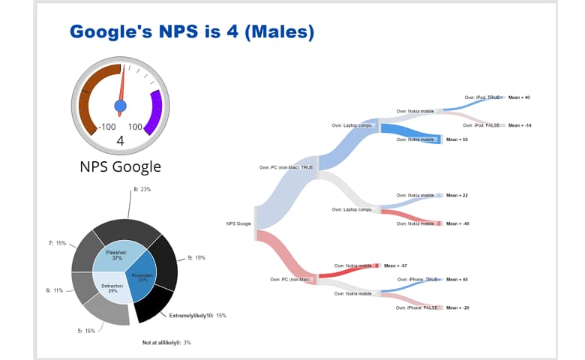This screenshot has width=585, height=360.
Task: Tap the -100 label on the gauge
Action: pos(107,127)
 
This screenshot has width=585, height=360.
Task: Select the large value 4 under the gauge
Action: pos(120,141)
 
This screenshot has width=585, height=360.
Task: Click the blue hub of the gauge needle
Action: pos(121,103)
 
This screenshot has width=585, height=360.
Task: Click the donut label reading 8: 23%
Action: pos(142,189)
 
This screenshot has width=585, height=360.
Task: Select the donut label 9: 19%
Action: pos(195,257)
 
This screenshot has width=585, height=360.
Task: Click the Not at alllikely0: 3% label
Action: pos(166,342)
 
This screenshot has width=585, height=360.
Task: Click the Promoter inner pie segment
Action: pos(142,277)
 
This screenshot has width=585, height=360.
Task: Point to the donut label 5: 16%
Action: pos(85,330)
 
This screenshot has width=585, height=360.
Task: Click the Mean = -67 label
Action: pos(394,265)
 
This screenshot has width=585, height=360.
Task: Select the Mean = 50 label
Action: pos(456,139)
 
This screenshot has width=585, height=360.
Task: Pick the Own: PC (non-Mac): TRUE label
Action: pos(286,167)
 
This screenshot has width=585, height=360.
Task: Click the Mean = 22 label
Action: pos(457,195)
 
